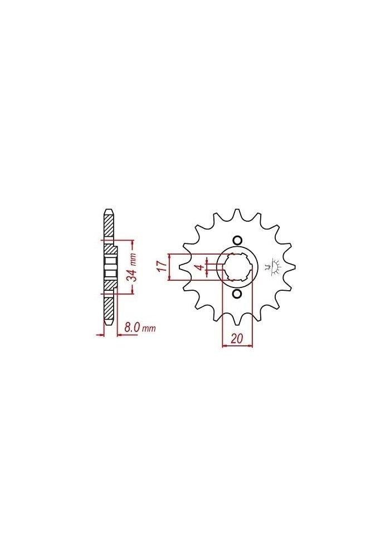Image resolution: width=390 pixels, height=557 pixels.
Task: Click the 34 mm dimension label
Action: tap(133, 267)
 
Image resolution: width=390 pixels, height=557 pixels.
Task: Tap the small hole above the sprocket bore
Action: tap(237, 240)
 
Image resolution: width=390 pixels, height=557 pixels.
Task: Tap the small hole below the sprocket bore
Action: tap(237, 294)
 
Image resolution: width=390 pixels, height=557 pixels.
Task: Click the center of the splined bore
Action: tap(237, 267)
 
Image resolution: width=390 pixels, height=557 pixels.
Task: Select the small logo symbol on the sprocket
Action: tap(273, 267)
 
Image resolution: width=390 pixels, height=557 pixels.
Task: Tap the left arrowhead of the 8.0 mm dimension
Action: tap(100, 335)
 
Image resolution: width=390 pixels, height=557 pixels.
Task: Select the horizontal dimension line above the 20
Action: tap(237, 346)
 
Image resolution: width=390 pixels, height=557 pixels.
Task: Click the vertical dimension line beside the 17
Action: tap(169, 267)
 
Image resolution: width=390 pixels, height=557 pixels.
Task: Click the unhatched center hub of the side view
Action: tap(110, 267)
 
